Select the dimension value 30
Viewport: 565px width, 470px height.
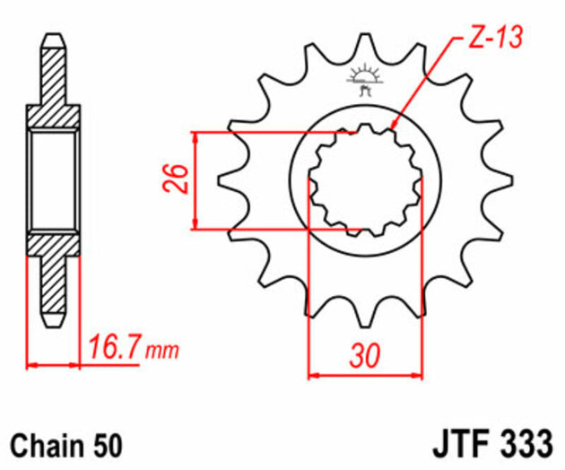(363, 356)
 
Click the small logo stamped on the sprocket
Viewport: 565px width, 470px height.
(364, 80)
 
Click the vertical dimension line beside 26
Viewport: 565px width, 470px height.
(195, 179)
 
